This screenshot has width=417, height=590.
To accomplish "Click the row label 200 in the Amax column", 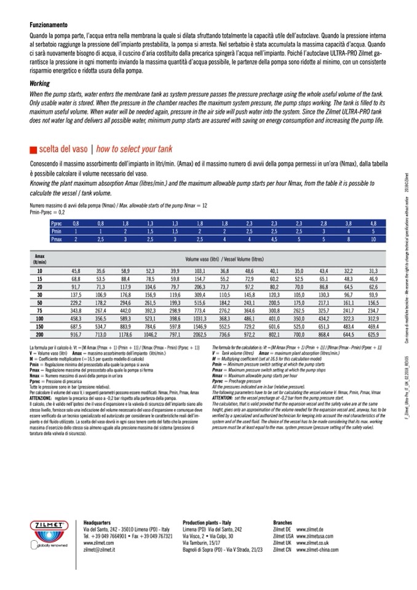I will (x=39, y=334).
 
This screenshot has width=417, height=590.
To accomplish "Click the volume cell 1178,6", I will (x=125, y=334).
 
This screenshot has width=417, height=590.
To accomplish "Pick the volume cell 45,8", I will (x=76, y=270).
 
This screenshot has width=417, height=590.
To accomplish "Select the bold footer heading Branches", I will (x=282, y=522).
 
